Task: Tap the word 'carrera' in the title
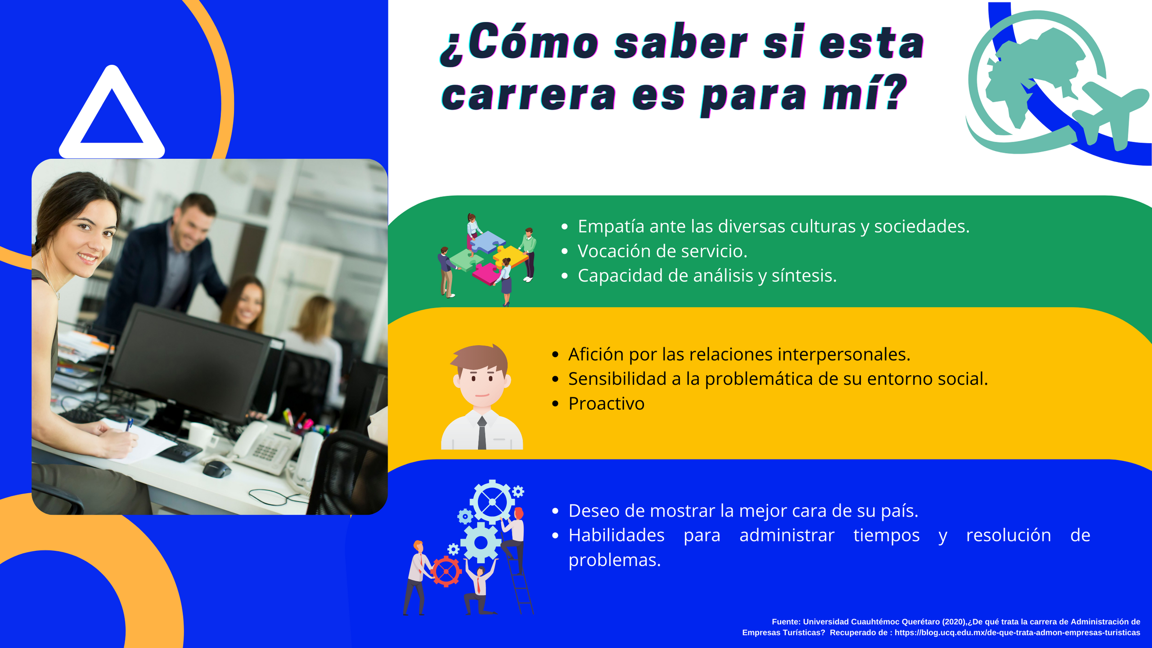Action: click(x=529, y=95)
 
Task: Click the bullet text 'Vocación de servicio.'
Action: click(x=662, y=251)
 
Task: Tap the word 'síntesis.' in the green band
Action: click(x=804, y=275)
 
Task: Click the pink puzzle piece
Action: click(x=486, y=274)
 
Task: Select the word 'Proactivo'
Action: click(x=606, y=404)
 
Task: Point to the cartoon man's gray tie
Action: click(x=482, y=432)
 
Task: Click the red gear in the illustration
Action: click(x=446, y=571)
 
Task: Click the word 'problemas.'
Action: click(x=615, y=561)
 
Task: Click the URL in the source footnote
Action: click(x=1017, y=633)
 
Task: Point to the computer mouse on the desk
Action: click(x=216, y=469)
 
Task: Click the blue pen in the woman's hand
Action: click(x=129, y=424)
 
